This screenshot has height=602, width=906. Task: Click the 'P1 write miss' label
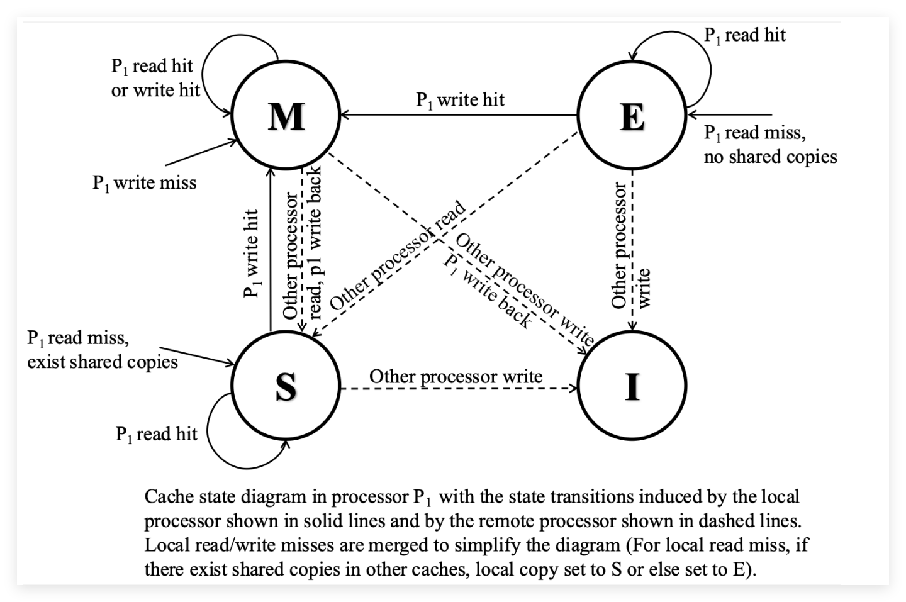click(x=145, y=183)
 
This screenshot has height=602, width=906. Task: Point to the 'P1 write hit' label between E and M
click(x=461, y=100)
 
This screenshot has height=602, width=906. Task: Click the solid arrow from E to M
click(x=459, y=115)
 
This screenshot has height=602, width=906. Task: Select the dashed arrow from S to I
click(x=459, y=389)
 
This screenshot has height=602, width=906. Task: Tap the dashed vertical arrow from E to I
click(x=632, y=250)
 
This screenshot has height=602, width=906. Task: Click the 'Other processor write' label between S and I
click(x=456, y=377)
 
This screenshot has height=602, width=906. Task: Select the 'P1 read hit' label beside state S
click(x=157, y=435)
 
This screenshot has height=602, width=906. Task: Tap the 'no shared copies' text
click(x=771, y=157)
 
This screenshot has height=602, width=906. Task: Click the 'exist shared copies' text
click(x=103, y=362)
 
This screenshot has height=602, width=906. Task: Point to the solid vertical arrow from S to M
click(x=271, y=250)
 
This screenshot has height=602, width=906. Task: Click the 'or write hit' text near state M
click(x=156, y=90)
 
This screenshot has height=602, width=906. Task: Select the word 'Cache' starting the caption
click(x=168, y=496)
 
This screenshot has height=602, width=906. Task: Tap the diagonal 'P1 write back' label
click(x=487, y=292)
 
